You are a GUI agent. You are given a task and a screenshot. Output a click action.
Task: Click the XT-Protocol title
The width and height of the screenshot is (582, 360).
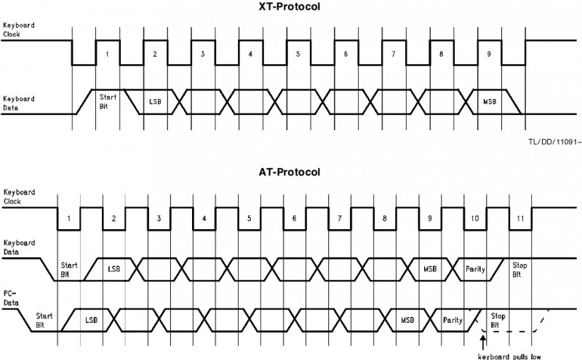(x=290, y=7)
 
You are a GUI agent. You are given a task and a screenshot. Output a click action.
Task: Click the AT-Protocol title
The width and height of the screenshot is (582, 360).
(x=290, y=172)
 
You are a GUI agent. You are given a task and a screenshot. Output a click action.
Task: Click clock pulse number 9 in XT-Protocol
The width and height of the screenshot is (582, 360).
(x=488, y=55)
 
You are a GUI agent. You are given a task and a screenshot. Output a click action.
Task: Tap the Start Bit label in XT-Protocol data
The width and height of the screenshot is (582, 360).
(x=108, y=100)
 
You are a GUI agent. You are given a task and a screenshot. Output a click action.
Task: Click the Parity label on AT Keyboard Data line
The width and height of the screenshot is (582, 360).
(x=474, y=269)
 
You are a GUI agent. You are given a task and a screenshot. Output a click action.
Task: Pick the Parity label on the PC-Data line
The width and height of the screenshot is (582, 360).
(x=452, y=319)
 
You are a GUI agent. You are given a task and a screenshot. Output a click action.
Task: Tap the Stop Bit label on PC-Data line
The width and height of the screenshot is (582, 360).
(x=498, y=320)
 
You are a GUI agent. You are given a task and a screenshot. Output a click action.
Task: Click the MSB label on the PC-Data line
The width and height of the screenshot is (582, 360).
(x=407, y=319)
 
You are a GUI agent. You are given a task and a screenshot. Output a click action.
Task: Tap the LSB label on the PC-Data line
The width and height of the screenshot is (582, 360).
(x=91, y=319)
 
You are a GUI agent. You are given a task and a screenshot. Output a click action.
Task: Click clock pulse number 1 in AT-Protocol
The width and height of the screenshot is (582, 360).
(x=68, y=219)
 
